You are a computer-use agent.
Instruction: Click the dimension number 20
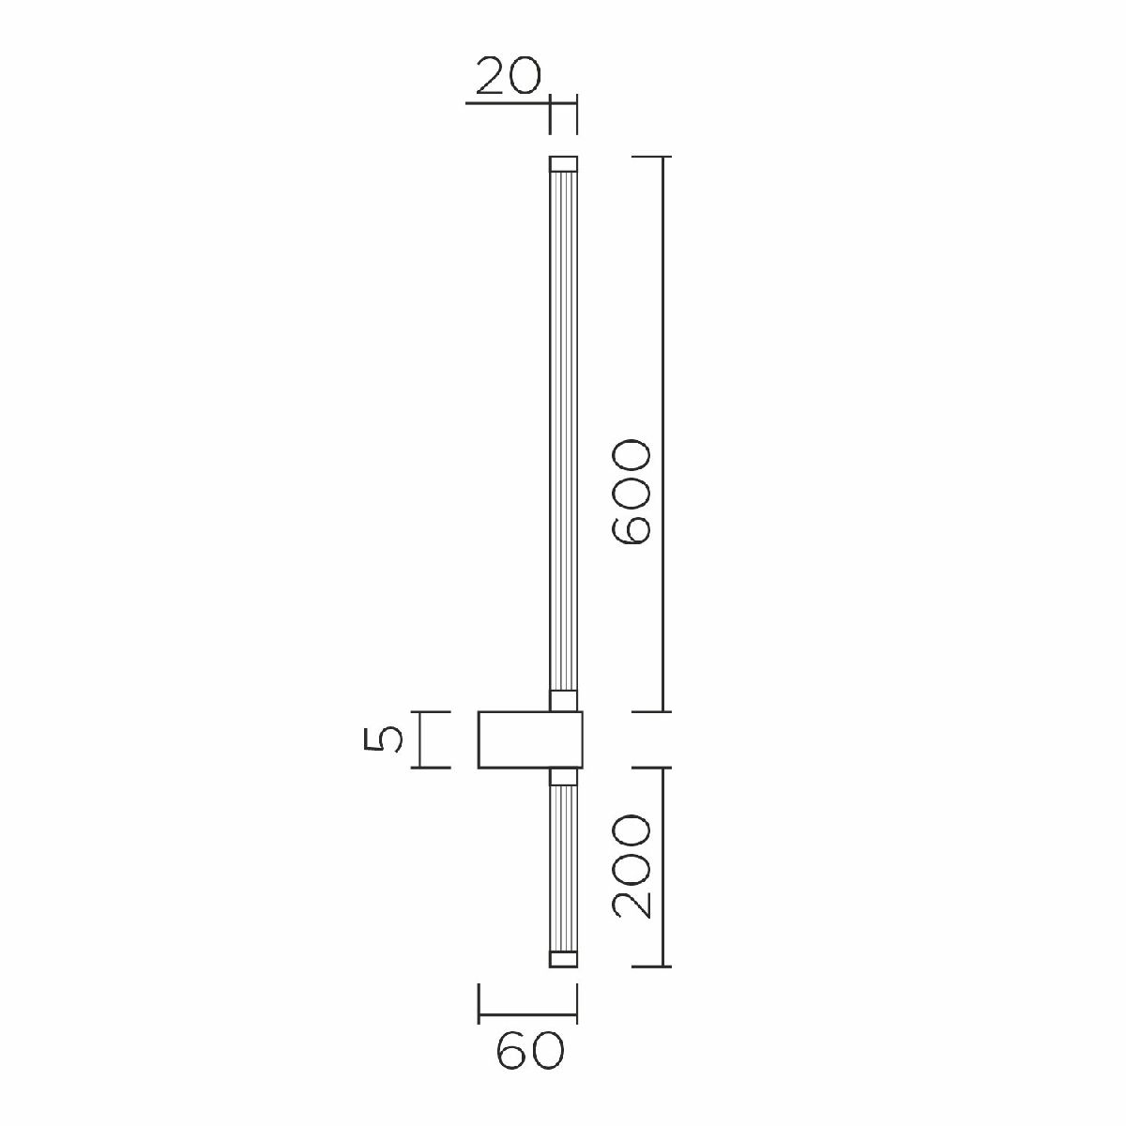point(509,77)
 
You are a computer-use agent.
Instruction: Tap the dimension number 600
point(630,492)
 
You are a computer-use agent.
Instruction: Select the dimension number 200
point(630,867)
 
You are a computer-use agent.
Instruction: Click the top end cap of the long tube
point(562,163)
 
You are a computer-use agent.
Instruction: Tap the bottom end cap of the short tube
point(562,958)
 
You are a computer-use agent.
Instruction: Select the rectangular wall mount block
point(530,740)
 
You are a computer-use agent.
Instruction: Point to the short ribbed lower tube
point(562,868)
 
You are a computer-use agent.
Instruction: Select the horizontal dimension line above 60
point(527,1016)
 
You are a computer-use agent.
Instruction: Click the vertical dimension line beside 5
point(419,740)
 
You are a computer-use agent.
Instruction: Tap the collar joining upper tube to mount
point(562,701)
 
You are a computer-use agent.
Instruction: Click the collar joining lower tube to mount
point(562,776)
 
